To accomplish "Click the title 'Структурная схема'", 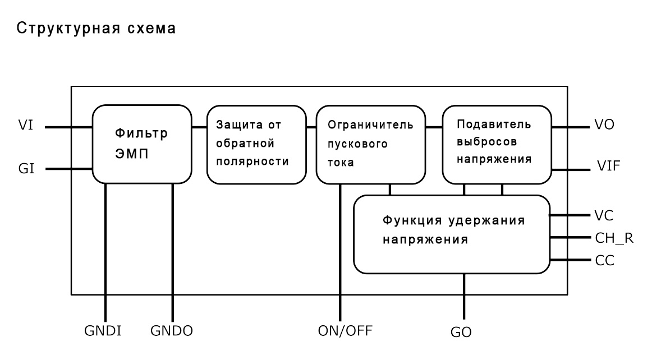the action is [96, 28].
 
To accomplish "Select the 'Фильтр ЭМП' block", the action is [142, 144].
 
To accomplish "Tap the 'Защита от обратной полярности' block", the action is [256, 145].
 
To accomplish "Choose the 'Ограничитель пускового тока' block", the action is [370, 145].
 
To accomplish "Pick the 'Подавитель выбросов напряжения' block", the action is [497, 145].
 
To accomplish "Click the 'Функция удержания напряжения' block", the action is [452, 234].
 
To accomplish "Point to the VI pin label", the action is [26, 124].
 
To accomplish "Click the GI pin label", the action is [26, 168].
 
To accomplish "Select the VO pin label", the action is [604, 124].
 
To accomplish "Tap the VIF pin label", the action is [609, 166].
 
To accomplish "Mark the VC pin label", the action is [604, 215].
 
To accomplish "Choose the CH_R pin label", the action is [614, 238].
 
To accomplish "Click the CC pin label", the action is [605, 261].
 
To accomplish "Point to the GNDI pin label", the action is [103, 331].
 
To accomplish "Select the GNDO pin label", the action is [172, 331].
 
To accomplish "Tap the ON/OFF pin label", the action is [345, 331].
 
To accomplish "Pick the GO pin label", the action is [461, 332].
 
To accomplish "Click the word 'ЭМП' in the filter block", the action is [132, 154].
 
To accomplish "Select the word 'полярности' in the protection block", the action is [252, 161].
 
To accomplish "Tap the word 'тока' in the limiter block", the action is [341, 163].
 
